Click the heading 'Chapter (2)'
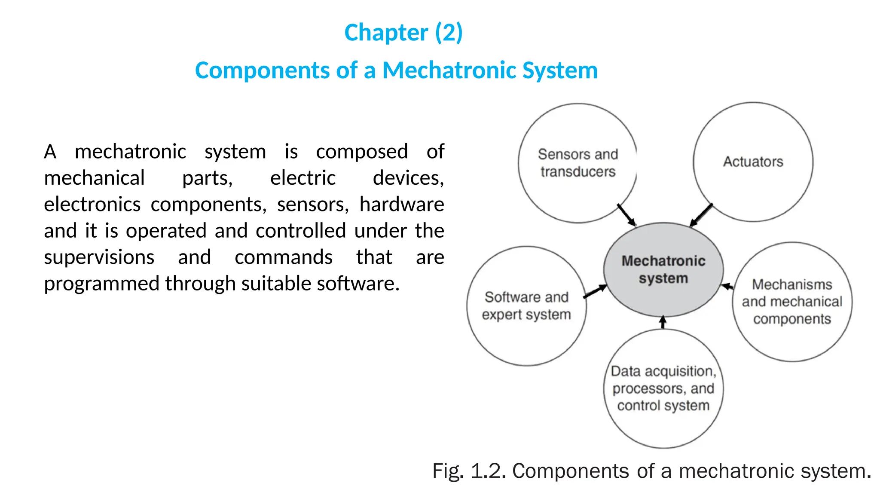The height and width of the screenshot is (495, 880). tap(403, 33)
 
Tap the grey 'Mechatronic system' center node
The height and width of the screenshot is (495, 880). tap(663, 269)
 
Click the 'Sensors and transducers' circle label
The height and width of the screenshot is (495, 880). tap(577, 163)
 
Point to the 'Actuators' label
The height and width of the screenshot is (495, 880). tap(753, 162)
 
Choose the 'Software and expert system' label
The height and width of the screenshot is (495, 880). tap(526, 306)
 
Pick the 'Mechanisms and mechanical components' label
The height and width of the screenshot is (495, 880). tap(792, 302)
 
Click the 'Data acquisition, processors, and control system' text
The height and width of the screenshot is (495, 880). tap(663, 388)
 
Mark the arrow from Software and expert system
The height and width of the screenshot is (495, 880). tap(595, 291)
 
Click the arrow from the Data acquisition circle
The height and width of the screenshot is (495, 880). tap(663, 322)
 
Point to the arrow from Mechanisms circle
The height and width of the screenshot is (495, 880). tap(727, 286)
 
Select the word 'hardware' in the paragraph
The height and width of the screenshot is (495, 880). tap(401, 205)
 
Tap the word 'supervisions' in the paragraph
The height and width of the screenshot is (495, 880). tap(99, 257)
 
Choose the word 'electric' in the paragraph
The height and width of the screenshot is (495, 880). tap(302, 178)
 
